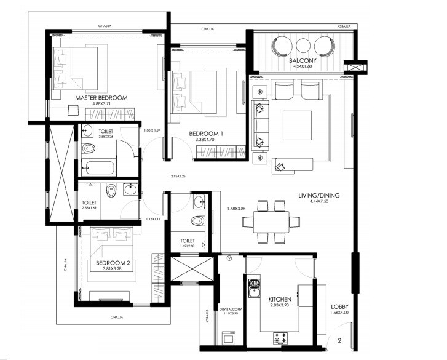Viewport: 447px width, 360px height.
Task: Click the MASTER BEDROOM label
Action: (101, 98)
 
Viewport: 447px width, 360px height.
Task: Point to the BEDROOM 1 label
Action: (206, 134)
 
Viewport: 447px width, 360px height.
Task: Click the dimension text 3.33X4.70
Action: (206, 140)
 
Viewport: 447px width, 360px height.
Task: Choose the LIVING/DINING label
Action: (320, 196)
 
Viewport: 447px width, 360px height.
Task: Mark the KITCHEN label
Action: (279, 298)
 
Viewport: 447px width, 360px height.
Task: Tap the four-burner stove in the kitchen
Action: (280, 337)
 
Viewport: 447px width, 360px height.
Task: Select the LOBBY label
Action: (339, 306)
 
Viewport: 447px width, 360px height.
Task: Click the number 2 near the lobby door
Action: (339, 340)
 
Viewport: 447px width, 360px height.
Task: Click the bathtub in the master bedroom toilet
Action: (98, 167)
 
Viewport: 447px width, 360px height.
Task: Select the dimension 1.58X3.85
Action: (236, 208)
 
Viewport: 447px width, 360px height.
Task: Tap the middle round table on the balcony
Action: (304, 46)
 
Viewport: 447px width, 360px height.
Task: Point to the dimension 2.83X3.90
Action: (279, 305)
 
